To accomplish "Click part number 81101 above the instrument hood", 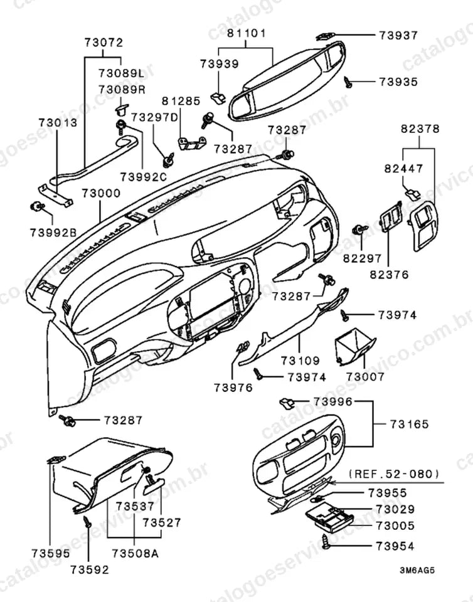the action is click(246, 33).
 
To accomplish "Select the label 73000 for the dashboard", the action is click(101, 193).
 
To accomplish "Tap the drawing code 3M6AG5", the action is click(417, 570).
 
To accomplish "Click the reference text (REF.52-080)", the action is click(394, 473).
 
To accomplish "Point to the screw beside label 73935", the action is click(348, 82).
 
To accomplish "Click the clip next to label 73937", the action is click(324, 36).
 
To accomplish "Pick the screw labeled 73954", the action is click(326, 541).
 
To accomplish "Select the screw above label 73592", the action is click(88, 521).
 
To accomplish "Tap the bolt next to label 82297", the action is click(358, 230).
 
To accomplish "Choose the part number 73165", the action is click(409, 425).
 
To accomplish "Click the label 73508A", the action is click(135, 553).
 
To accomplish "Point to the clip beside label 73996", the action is click(287, 403).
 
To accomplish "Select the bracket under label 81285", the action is click(191, 143).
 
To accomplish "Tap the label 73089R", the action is click(122, 90).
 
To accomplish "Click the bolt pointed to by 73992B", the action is click(36, 206).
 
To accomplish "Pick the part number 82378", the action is click(420, 129).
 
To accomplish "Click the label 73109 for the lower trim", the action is click(300, 361).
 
